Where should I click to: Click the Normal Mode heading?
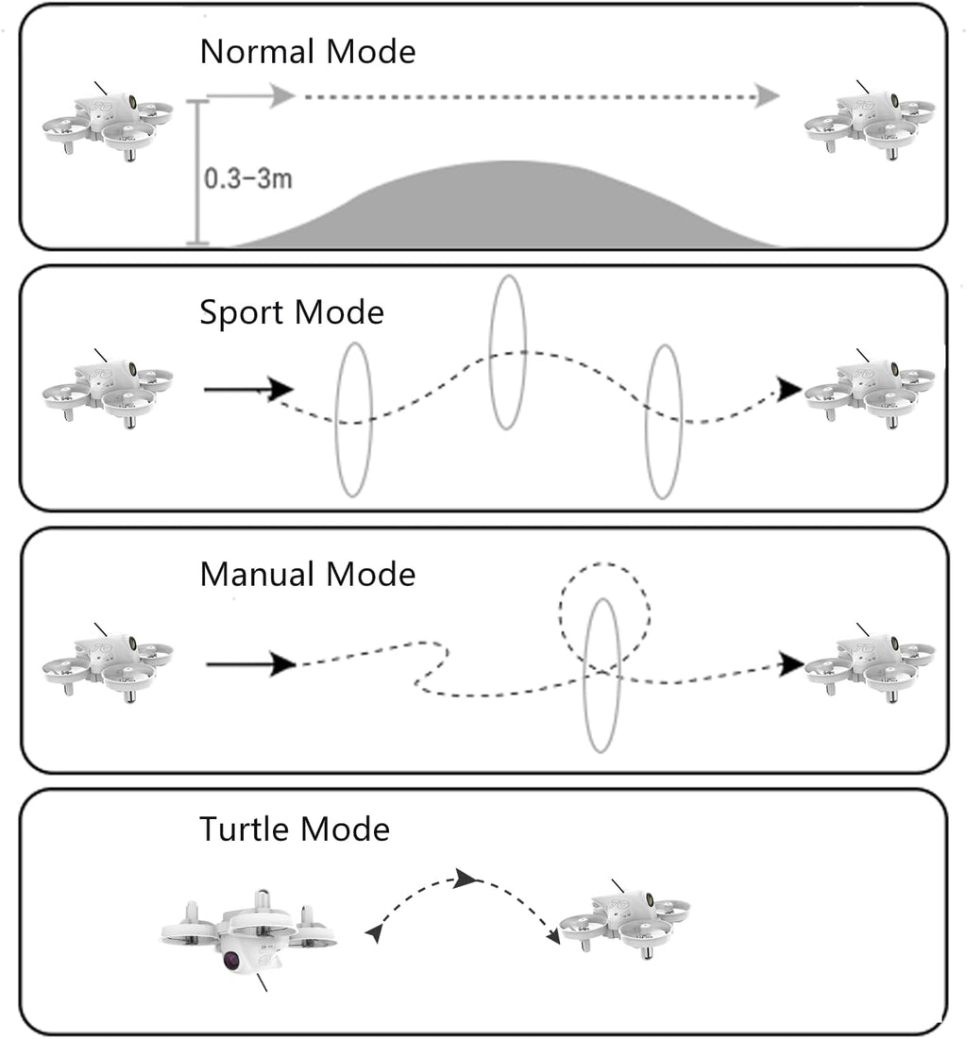pos(308,52)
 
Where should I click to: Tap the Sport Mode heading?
pos(292,312)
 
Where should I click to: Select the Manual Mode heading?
pos(308,574)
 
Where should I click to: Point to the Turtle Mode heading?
pos(295,829)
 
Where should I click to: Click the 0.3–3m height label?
pos(248,178)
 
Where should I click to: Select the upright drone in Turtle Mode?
pos(624,919)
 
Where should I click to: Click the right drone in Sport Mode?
pos(870,389)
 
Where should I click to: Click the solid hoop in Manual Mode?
pos(584,676)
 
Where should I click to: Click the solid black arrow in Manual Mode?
pos(250,663)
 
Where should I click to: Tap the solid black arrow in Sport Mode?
pos(248,389)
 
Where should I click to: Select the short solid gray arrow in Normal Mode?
pos(250,96)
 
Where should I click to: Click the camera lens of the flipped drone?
pos(232,959)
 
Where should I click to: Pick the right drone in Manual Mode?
pos(870,663)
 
